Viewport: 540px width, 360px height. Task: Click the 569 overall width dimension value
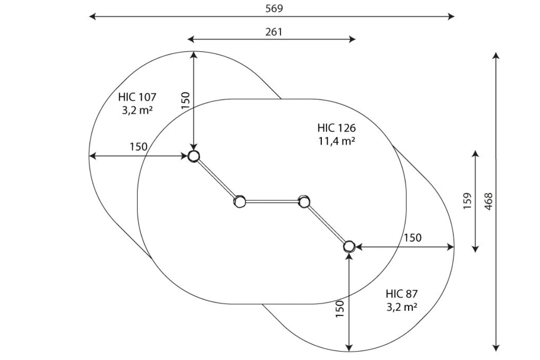(274, 9)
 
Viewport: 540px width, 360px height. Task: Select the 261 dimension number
(274, 32)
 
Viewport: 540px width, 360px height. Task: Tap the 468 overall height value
(488, 201)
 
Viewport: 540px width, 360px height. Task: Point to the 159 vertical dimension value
(467, 201)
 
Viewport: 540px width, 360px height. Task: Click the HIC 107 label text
(137, 97)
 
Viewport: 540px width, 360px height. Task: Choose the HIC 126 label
(336, 128)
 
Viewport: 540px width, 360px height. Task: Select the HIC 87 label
(401, 294)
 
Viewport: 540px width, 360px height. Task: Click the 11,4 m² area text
(337, 141)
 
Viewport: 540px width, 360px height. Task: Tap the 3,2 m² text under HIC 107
(137, 110)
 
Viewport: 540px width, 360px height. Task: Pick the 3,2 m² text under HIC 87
(401, 307)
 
